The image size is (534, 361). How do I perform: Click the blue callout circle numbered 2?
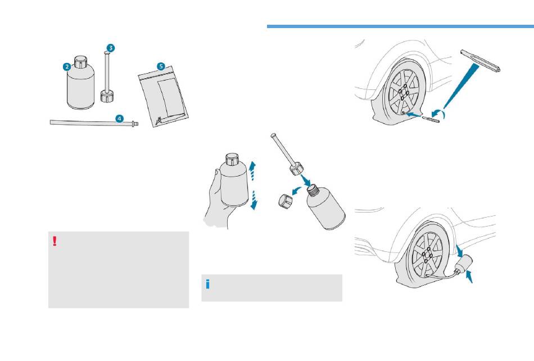67,66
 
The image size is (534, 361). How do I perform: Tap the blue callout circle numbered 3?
111,48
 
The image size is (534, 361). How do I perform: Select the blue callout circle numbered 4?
119,118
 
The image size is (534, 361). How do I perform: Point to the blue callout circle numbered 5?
161,66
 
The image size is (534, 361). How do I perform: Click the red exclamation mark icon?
55,241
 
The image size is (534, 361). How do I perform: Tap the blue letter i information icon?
208,284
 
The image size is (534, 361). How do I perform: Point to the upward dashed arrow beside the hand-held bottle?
252,168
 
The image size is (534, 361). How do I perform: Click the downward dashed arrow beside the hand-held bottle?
254,200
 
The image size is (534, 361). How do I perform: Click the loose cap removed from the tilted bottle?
287,201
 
